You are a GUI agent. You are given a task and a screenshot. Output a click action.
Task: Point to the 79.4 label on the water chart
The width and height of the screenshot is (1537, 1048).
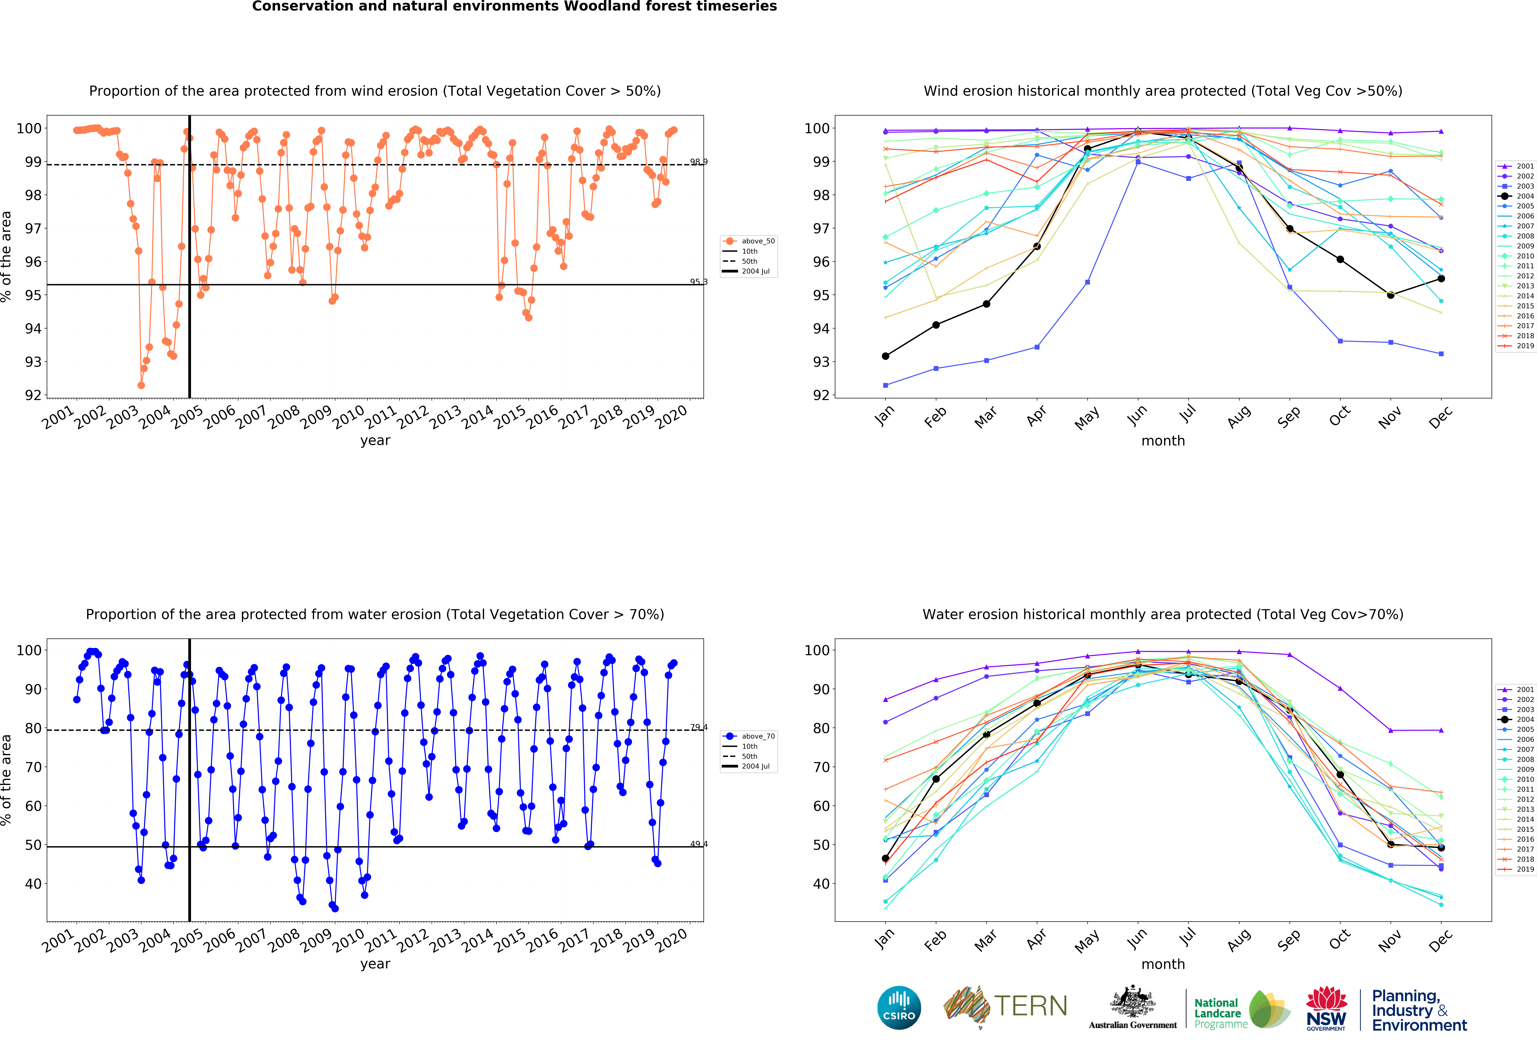point(698,727)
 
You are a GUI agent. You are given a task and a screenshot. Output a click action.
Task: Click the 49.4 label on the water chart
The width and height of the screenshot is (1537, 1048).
point(698,844)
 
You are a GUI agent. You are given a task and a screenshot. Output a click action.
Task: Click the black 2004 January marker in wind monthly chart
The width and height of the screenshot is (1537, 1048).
point(886,356)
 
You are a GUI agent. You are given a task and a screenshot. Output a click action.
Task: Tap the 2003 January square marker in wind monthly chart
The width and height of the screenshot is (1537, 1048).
point(886,385)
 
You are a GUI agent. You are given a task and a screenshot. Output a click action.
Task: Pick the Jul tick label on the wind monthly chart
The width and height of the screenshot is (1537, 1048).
point(1188,413)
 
